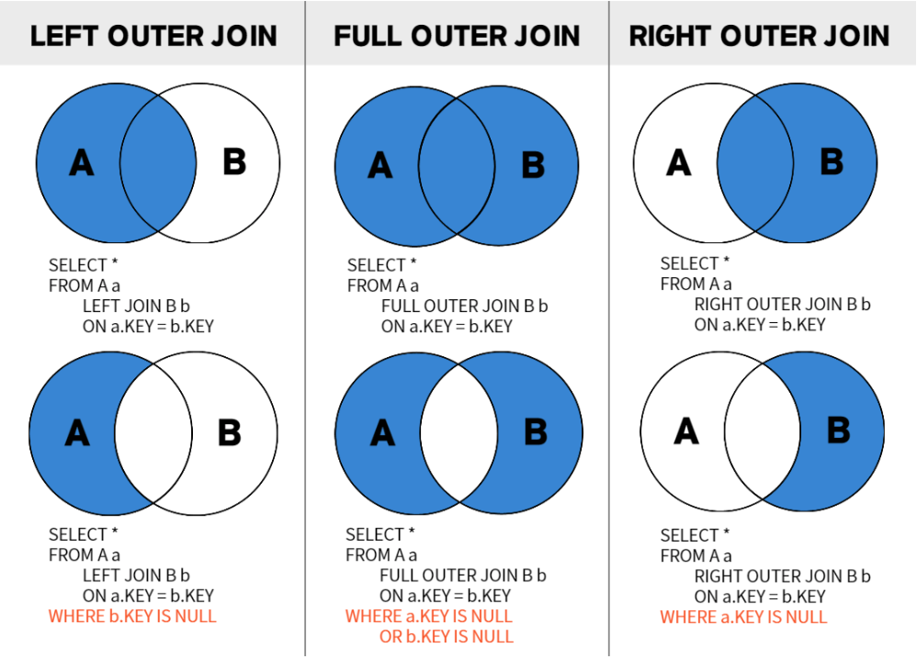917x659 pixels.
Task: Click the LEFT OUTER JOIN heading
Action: coord(153,36)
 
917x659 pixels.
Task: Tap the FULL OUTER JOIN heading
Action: coord(457,36)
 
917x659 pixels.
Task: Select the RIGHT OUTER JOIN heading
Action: coord(759,36)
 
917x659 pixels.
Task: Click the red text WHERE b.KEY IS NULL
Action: coord(132,616)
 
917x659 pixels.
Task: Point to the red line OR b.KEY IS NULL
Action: coord(447,636)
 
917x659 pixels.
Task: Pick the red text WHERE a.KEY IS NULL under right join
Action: coord(743,617)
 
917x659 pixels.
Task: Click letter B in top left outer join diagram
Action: coord(234,162)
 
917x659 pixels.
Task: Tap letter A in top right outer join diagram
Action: coord(678,162)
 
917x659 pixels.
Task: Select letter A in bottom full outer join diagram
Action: coord(382,433)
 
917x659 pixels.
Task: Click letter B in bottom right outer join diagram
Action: coord(838,431)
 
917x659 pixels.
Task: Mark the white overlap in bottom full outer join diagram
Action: coord(458,433)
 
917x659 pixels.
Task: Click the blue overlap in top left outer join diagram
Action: coord(158,162)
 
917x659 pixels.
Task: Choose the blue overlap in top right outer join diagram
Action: coord(755,162)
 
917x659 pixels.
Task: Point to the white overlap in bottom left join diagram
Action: coord(153,433)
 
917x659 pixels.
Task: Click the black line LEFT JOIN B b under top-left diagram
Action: coord(136,306)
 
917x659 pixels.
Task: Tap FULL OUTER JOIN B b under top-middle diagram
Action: coord(464,306)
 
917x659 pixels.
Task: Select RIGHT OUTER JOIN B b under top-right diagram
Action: coord(783,304)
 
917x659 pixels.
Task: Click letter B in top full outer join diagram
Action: coord(533,165)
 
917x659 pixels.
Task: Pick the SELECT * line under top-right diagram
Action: coord(695,262)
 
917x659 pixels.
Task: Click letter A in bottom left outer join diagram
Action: coord(77,433)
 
